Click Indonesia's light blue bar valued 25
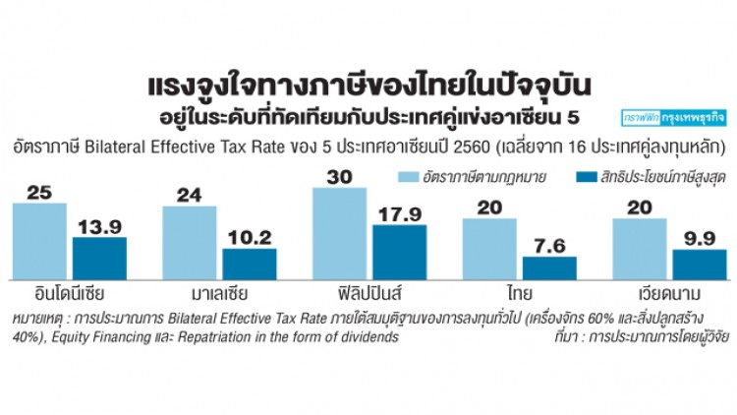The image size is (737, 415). (40, 242)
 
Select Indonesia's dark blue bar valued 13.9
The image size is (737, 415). (100, 259)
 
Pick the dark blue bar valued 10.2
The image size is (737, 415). (250, 265)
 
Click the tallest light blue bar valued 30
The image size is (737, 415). (340, 234)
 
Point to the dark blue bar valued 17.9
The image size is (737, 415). (400, 253)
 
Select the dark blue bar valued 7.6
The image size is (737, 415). (549, 268)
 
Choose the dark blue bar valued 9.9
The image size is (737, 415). (700, 266)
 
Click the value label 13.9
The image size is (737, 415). (100, 226)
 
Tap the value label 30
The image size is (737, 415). (340, 178)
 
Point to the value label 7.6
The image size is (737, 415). (549, 246)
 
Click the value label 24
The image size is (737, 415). (190, 195)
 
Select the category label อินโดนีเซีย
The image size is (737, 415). (49, 293)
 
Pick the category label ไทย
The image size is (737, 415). (520, 293)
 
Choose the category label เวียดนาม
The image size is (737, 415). (669, 293)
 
